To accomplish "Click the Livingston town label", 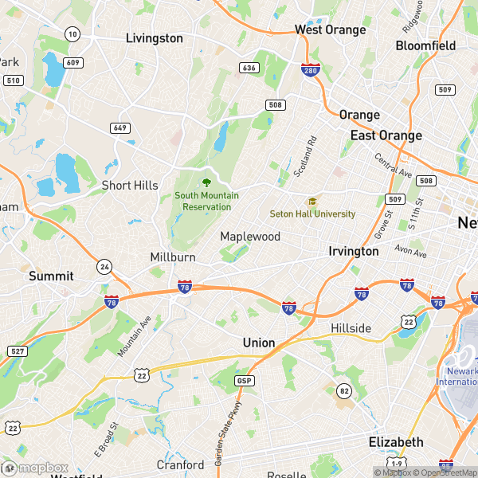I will point(155,38).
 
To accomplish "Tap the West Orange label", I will point(330,30).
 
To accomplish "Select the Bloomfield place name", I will point(425,45).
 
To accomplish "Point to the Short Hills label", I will point(130,186).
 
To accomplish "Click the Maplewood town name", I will point(250,237).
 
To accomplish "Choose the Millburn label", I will point(173,257).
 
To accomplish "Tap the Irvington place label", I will point(354,251).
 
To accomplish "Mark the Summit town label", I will point(51,276).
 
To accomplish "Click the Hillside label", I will point(351,328).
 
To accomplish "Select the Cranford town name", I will point(180,464).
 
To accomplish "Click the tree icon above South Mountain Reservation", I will point(207,182).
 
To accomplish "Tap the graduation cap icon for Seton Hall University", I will point(312,202).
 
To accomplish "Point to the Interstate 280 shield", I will point(311,70).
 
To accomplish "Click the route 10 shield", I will point(72,33).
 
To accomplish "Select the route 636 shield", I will point(249,68).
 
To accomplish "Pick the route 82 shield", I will point(344,390).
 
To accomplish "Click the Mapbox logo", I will point(37,468).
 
